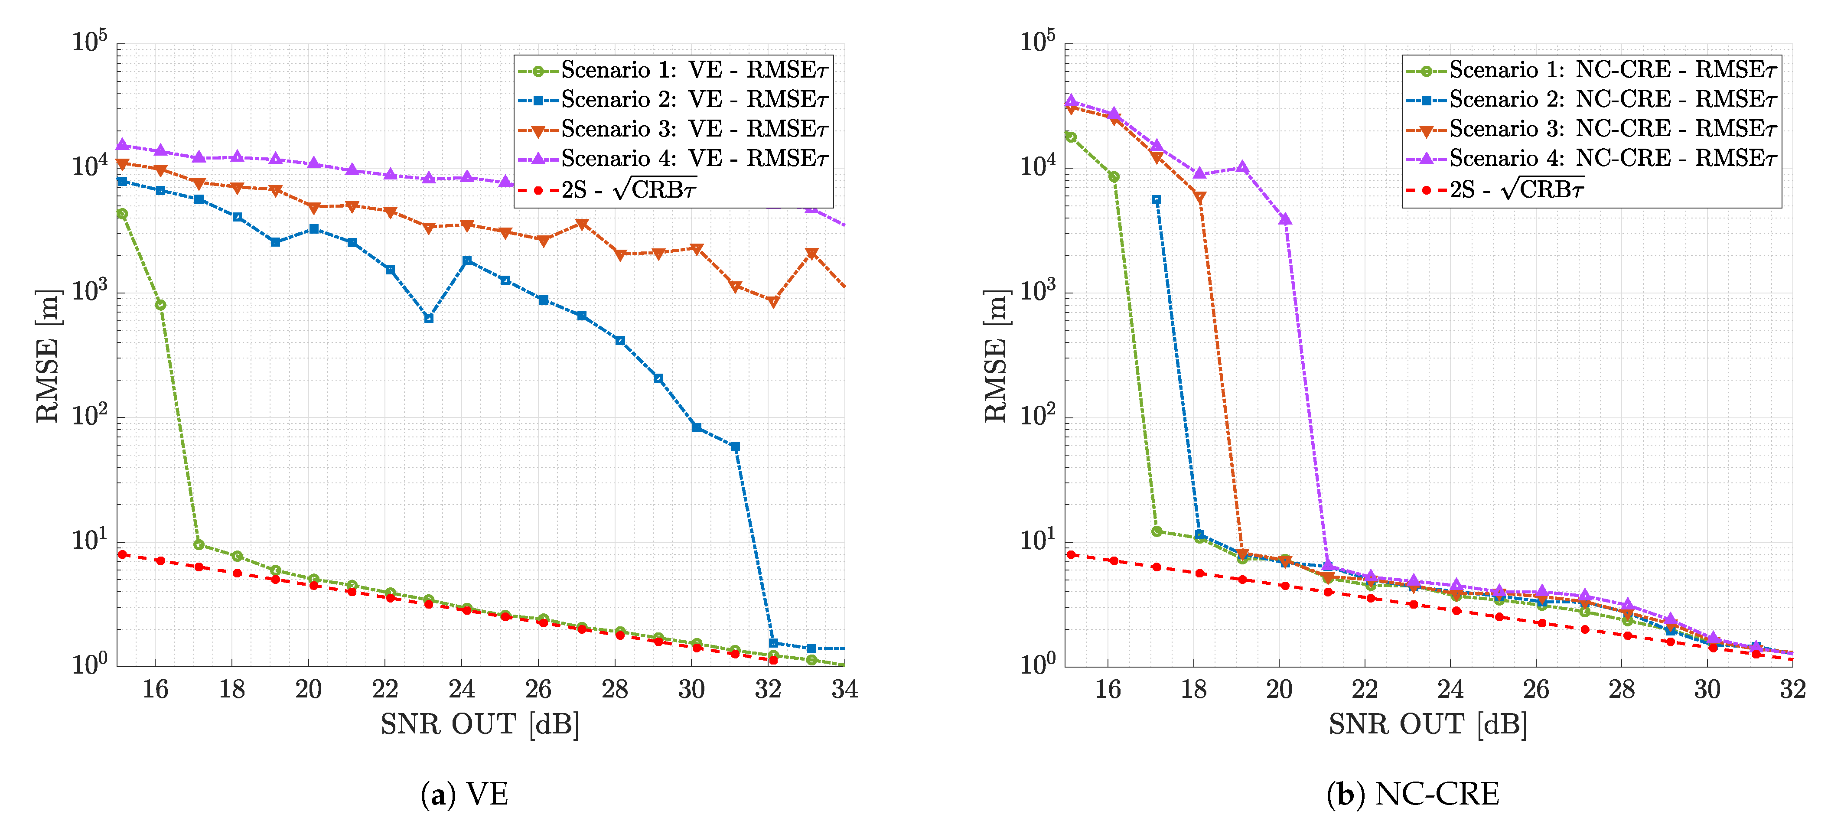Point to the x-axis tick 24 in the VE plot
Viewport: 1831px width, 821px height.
pyautogui.click(x=461, y=689)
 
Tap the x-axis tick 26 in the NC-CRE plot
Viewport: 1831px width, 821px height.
pyautogui.click(x=1536, y=689)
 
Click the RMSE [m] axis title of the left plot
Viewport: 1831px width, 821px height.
pyautogui.click(x=47, y=355)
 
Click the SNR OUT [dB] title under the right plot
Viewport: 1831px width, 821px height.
pyautogui.click(x=1427, y=724)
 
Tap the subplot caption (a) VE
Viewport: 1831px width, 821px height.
pyautogui.click(x=464, y=794)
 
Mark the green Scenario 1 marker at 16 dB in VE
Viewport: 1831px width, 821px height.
pyautogui.click(x=161, y=305)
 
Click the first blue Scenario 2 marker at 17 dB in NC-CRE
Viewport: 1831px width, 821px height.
pyautogui.click(x=1157, y=200)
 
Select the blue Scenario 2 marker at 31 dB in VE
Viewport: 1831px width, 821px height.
pyautogui.click(x=735, y=446)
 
